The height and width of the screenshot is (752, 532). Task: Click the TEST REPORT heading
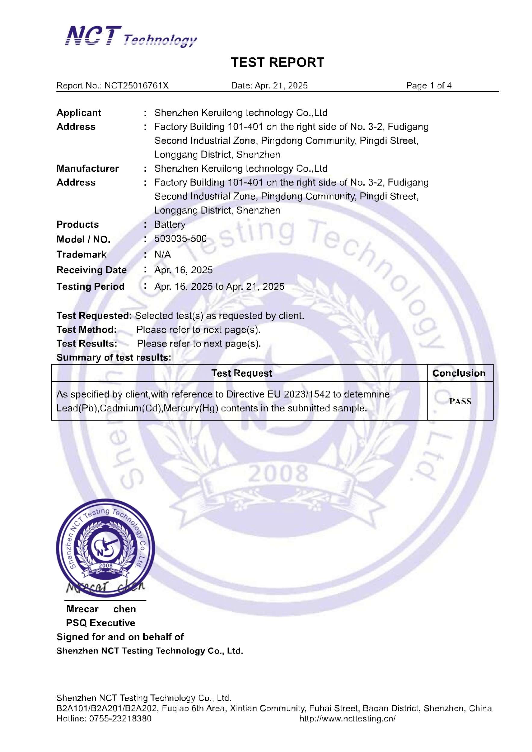[277, 62]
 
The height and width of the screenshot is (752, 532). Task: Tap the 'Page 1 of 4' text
[428, 85]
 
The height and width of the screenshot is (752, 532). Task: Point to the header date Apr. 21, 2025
[281, 85]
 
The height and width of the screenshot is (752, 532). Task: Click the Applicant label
[79, 113]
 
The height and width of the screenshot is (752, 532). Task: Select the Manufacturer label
[87, 168]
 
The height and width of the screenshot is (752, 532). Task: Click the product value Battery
[170, 224]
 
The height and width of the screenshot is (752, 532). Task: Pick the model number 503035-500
[180, 239]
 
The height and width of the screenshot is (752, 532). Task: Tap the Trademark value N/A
[163, 254]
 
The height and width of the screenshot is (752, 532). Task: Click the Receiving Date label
[92, 270]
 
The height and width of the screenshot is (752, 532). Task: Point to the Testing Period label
[90, 287]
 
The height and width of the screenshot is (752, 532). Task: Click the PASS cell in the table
[460, 401]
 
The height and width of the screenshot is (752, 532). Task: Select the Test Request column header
[241, 373]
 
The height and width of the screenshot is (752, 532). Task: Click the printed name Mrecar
[82, 609]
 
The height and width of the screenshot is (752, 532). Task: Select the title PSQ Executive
[100, 623]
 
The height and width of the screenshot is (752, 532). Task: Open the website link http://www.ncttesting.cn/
[347, 719]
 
